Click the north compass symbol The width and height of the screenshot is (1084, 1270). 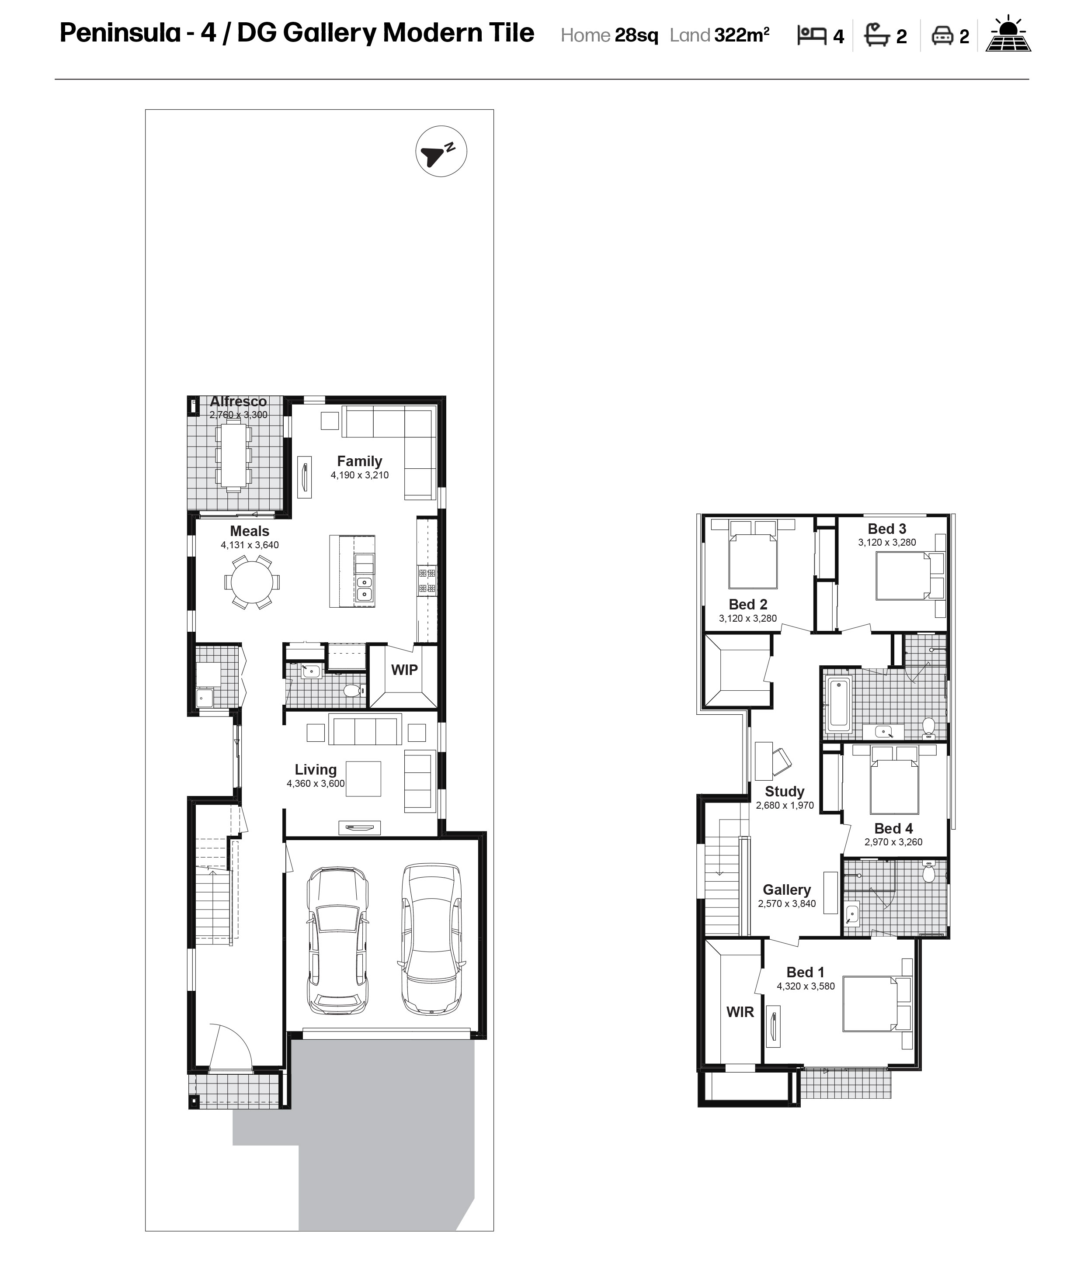[441, 152]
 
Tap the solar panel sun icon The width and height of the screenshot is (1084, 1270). [1008, 34]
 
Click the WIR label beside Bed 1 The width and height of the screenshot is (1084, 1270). [740, 1012]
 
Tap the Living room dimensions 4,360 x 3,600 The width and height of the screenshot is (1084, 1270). [316, 783]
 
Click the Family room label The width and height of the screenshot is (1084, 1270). [359, 461]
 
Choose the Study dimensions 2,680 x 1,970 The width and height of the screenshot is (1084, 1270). [785, 806]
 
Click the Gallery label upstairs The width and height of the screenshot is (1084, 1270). [787, 889]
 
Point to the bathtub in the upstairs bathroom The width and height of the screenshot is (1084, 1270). [839, 704]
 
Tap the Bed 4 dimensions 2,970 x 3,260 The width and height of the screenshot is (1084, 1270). [893, 842]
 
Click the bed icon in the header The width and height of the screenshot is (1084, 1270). [812, 35]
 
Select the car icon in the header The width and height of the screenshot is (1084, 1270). [942, 36]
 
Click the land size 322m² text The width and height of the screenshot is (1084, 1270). [742, 35]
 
